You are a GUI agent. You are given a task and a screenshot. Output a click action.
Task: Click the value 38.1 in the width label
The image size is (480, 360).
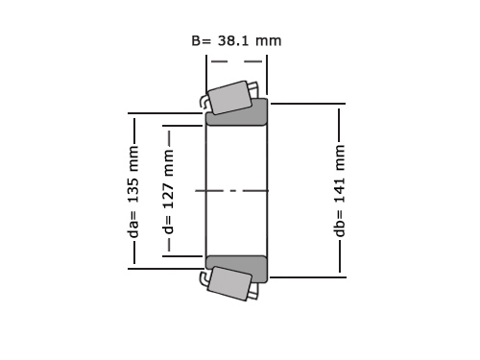click(233, 41)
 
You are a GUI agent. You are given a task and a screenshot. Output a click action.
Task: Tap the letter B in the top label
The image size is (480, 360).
click(196, 41)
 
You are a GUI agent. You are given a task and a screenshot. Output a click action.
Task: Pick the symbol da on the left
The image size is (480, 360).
click(134, 229)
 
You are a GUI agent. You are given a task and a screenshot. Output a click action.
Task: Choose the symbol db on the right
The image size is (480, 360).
click(340, 228)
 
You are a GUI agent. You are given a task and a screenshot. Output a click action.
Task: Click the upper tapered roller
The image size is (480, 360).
click(229, 97)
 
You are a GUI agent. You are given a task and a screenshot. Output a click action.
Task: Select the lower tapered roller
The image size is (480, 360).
click(229, 283)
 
